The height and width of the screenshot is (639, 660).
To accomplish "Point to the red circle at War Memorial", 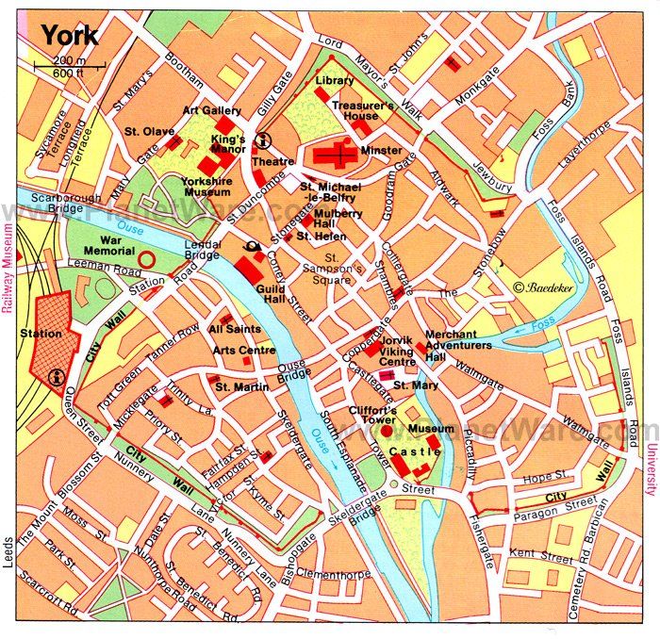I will tap(146, 256).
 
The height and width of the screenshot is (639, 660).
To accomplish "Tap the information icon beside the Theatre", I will tap(266, 141).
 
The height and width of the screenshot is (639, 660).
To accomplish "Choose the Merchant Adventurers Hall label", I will tap(458, 345).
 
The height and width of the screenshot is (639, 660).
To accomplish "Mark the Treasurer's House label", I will tap(363, 110).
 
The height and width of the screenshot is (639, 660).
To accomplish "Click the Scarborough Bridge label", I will tap(58, 203).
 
